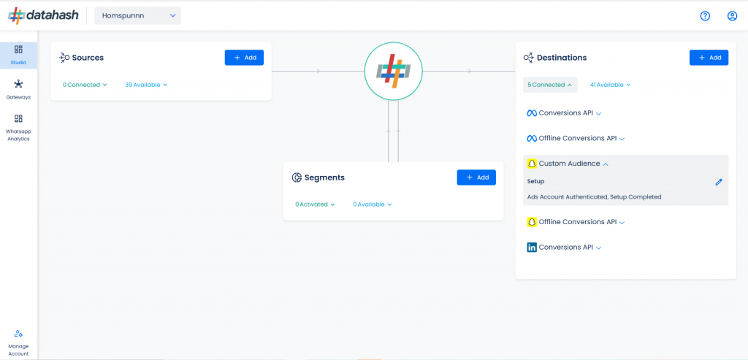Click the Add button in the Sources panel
(244, 58)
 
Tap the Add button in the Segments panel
(476, 177)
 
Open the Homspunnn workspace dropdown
(138, 16)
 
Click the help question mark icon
(705, 16)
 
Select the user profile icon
(732, 16)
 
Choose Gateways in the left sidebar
(18, 90)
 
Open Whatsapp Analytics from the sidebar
(18, 128)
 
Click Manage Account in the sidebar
(18, 342)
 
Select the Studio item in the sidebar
(18, 55)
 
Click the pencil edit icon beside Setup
(719, 182)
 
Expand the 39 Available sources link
(146, 85)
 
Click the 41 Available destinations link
(611, 85)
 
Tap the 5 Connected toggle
(550, 85)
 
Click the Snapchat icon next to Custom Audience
(532, 164)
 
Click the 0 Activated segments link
(315, 204)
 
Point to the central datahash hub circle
(393, 71)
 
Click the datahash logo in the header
(43, 16)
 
